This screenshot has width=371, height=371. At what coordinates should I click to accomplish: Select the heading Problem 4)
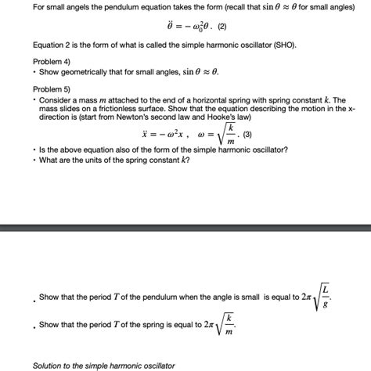pyautogui.click(x=52, y=60)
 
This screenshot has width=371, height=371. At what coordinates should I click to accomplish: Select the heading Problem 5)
pyautogui.click(x=52, y=88)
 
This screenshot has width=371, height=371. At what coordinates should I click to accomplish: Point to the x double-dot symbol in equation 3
pyautogui.click(x=146, y=134)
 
